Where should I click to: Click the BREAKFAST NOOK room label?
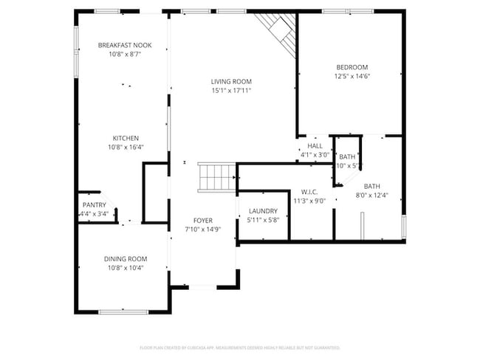pyautogui.click(x=124, y=45)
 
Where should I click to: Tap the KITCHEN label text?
pyautogui.click(x=125, y=138)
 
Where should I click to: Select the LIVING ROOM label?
pyautogui.click(x=231, y=81)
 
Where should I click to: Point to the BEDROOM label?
pyautogui.click(x=352, y=67)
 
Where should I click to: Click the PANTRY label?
pyautogui.click(x=94, y=205)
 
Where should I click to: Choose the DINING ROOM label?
pyautogui.click(x=125, y=259)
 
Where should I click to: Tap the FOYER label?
pyautogui.click(x=203, y=221)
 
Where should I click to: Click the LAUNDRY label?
pyautogui.click(x=262, y=210)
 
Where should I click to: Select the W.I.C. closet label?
pyautogui.click(x=309, y=191)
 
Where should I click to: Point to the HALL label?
pyautogui.click(x=315, y=147)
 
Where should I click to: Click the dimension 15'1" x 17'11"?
pyautogui.click(x=231, y=91)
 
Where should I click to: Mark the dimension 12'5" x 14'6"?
pyautogui.click(x=352, y=76)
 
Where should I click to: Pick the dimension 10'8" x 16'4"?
pyautogui.click(x=125, y=147)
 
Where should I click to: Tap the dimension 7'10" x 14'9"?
pyautogui.click(x=203, y=229)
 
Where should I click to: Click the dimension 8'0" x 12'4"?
pyautogui.click(x=371, y=195)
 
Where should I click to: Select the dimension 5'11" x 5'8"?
pyautogui.click(x=262, y=219)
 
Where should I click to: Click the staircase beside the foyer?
pyautogui.click(x=217, y=177)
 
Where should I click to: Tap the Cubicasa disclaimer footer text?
pyautogui.click(x=239, y=347)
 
